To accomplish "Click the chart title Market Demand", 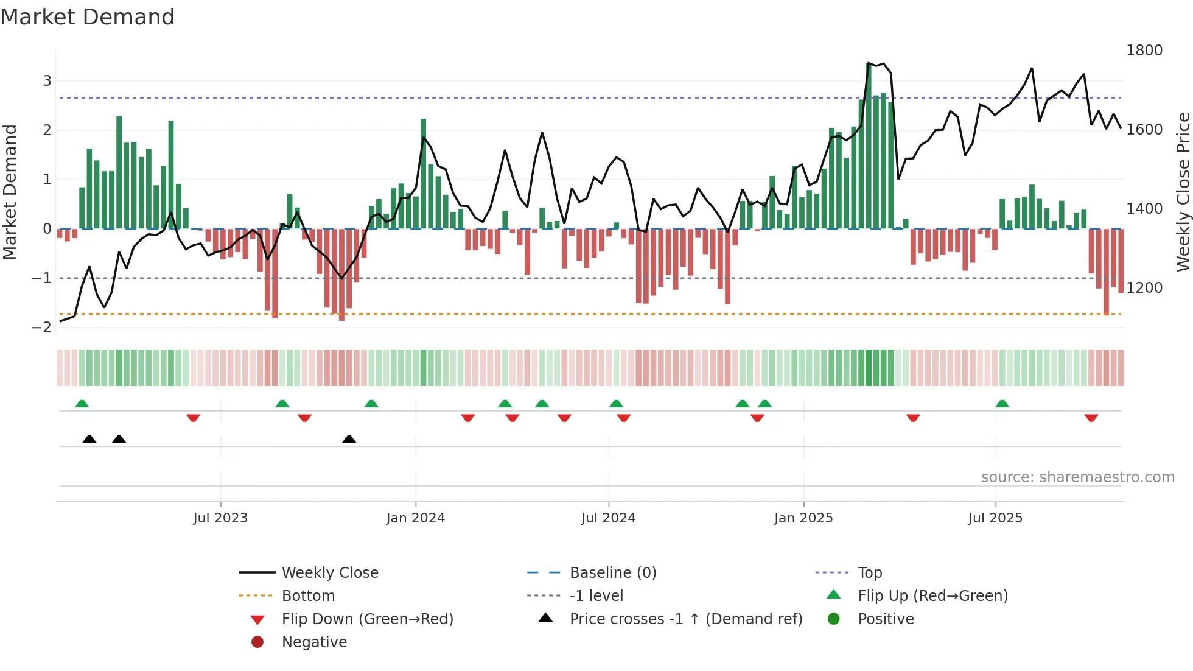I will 88,17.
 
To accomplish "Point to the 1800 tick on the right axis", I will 1144,51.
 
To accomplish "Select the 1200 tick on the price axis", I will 1144,288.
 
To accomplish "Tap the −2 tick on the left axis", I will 41,328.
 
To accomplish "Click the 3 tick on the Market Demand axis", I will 47,81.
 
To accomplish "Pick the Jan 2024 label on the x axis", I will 415,518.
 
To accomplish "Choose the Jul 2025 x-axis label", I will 995,518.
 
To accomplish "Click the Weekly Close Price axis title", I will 1183,192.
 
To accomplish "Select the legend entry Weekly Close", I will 329,573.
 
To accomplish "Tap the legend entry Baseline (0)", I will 612,573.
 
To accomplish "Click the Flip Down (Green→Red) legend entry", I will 367,619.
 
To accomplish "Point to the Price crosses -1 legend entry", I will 685,619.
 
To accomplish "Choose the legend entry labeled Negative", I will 314,642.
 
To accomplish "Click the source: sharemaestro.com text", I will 1077,477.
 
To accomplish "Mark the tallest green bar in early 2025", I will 869,146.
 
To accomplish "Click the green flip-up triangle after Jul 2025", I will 1002,404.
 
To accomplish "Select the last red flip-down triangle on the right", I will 1091,418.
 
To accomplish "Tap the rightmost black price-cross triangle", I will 349,439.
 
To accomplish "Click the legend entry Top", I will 869,573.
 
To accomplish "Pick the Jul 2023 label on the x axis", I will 220,518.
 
